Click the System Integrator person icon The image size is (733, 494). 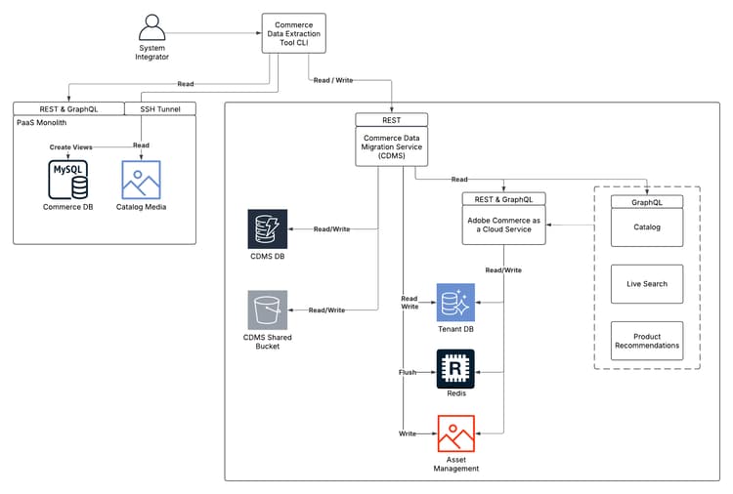point(151,28)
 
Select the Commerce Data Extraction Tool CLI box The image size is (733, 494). point(293,33)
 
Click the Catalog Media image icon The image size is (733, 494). point(141,180)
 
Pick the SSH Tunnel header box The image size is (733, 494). point(160,108)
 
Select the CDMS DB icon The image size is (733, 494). point(267,228)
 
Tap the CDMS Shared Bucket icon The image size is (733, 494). point(267,309)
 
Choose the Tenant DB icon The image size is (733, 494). point(455,303)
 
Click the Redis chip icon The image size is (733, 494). point(455,368)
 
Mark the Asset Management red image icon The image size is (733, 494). point(455,433)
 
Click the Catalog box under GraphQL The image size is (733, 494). point(647,227)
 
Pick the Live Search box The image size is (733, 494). point(647,283)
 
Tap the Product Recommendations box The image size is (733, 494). point(647,340)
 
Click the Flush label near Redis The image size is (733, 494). point(408,372)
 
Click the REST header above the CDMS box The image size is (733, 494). point(391,120)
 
